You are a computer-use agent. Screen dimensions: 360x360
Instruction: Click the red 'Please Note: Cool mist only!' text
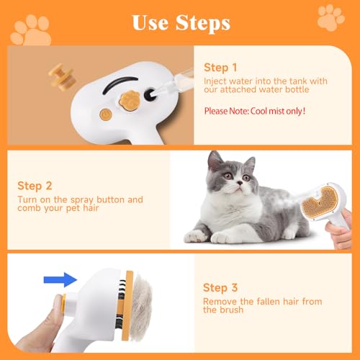click(255, 111)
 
